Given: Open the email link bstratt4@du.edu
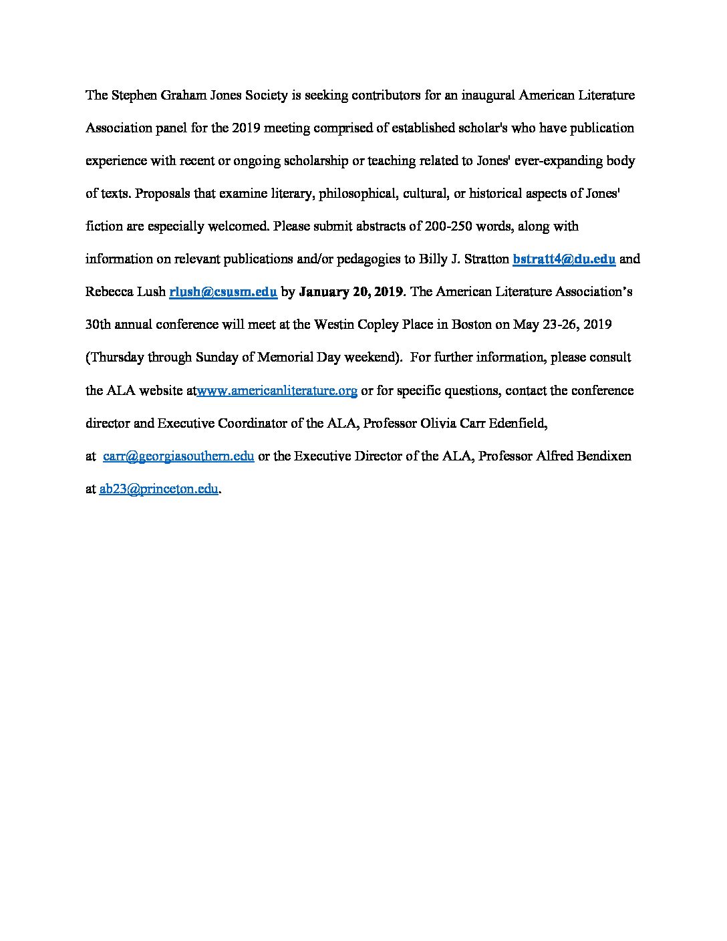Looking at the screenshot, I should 563,259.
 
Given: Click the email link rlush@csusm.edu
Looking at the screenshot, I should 223,292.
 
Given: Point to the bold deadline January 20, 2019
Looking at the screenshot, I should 351,292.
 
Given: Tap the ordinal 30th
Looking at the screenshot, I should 100,325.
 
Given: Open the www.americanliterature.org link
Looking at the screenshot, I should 277,390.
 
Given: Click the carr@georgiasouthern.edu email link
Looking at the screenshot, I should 178,456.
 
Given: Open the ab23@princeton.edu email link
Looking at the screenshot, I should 158,489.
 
